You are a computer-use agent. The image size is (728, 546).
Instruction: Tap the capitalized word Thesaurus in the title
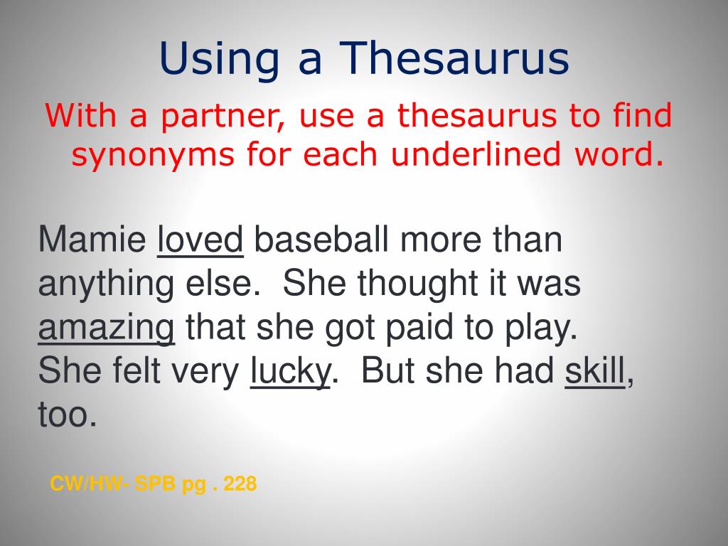click(x=456, y=59)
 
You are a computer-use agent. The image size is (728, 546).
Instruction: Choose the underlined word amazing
click(x=106, y=328)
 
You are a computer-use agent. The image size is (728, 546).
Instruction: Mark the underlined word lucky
click(x=290, y=372)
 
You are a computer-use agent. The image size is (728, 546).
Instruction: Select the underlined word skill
click(x=595, y=372)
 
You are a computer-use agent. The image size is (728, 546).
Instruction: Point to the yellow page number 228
click(x=240, y=485)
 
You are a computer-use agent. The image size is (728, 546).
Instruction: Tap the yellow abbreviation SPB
click(x=155, y=485)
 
